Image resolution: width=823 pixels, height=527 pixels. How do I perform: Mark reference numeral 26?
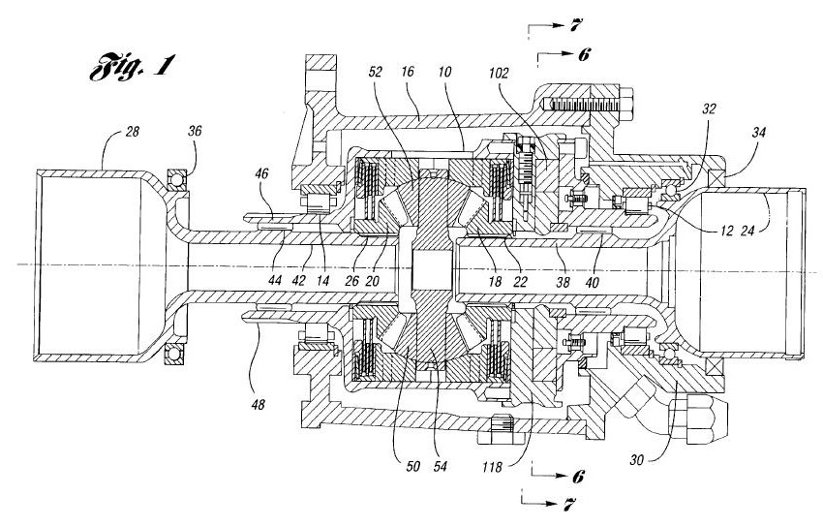(x=353, y=281)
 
